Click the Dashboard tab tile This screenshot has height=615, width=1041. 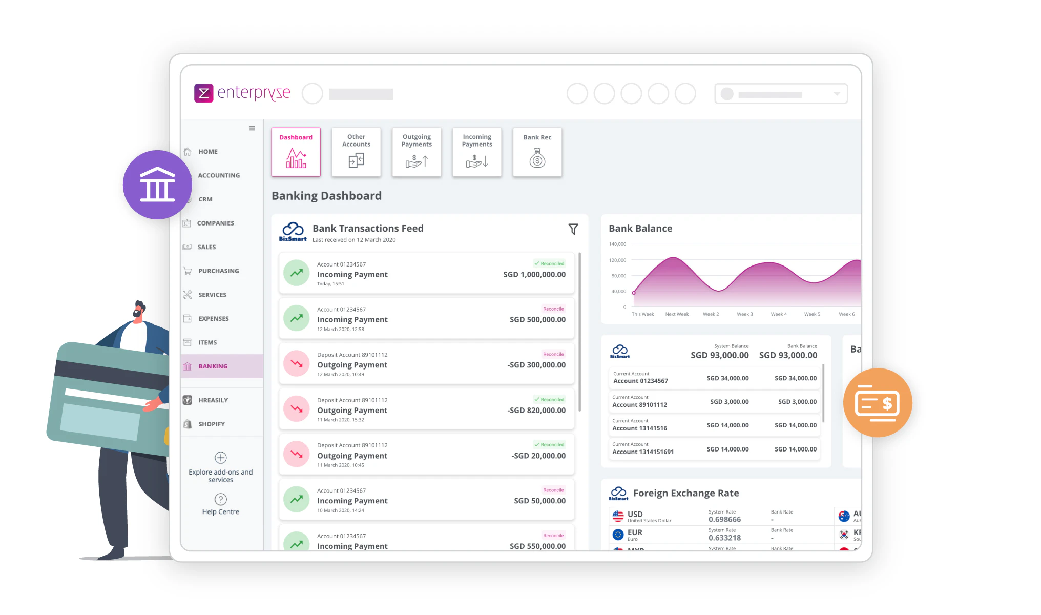pyautogui.click(x=296, y=152)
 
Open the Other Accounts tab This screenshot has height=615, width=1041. pyautogui.click(x=356, y=152)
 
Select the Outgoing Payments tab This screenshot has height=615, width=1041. pyautogui.click(x=417, y=152)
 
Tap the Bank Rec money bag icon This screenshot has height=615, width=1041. pyautogui.click(x=537, y=158)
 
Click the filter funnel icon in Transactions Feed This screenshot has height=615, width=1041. pyautogui.click(x=573, y=229)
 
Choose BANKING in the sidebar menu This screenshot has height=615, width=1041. pyautogui.click(x=213, y=366)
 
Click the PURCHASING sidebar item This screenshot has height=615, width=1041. pyautogui.click(x=218, y=271)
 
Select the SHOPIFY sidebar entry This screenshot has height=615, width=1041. pyautogui.click(x=211, y=424)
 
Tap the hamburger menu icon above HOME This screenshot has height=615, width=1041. pyautogui.click(x=252, y=128)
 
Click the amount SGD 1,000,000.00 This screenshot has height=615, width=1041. pyautogui.click(x=534, y=275)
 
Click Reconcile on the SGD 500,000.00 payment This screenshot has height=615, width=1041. pyautogui.click(x=553, y=309)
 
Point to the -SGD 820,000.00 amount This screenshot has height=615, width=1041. pyautogui.click(x=536, y=411)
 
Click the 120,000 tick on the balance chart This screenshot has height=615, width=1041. pyautogui.click(x=617, y=260)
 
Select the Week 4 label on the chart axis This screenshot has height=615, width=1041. pyautogui.click(x=778, y=314)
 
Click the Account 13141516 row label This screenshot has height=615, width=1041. pyautogui.click(x=639, y=428)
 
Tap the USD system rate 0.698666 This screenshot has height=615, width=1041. pyautogui.click(x=724, y=520)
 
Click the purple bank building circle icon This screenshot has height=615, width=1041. pyautogui.click(x=157, y=184)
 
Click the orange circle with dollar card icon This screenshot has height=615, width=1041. pyautogui.click(x=877, y=403)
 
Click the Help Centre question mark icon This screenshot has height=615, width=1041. pyautogui.click(x=220, y=499)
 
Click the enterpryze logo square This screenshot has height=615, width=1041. pyautogui.click(x=203, y=93)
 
